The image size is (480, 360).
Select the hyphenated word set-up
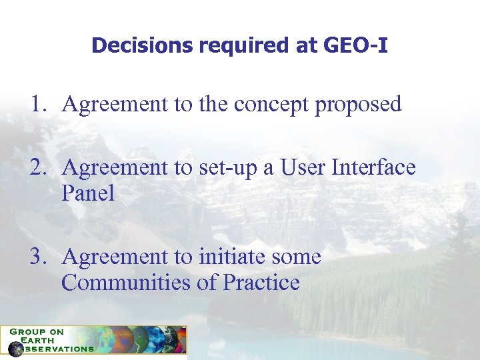click(231, 168)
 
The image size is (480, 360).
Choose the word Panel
click(87, 193)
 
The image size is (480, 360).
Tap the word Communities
click(126, 283)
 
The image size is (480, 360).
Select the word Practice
click(261, 283)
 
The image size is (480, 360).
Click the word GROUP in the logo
click(24, 331)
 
